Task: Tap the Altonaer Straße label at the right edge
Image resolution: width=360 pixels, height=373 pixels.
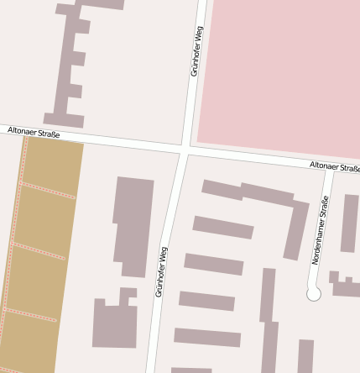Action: pyautogui.click(x=334, y=167)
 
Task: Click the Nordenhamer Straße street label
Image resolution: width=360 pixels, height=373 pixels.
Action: pyautogui.click(x=320, y=230)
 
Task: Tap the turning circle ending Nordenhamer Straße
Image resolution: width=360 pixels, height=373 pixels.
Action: pyautogui.click(x=314, y=294)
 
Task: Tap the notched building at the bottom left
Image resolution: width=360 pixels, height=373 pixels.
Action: pyautogui.click(x=114, y=323)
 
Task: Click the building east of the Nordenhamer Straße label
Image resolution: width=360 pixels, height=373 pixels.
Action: pyautogui.click(x=348, y=223)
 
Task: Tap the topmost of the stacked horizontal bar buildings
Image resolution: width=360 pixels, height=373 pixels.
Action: pyautogui.click(x=222, y=227)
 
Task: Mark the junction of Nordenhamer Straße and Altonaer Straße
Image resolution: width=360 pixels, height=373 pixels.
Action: pyautogui.click(x=328, y=171)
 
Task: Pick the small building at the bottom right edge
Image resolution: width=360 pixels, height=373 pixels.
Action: pyautogui.click(x=305, y=356)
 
